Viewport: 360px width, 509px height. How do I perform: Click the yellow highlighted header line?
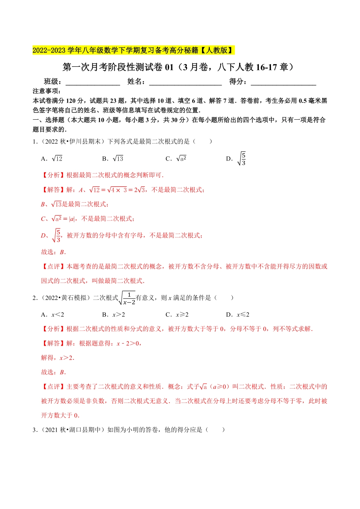pyautogui.click(x=133, y=50)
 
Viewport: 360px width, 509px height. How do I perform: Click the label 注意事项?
pyautogui.click(x=47, y=91)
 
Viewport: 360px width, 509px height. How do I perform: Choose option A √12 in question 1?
pyautogui.click(x=52, y=159)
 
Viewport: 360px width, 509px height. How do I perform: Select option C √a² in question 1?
pyautogui.click(x=176, y=159)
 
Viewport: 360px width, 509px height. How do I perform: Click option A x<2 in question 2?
pyautogui.click(x=53, y=315)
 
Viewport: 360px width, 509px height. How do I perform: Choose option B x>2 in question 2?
pyautogui.click(x=114, y=315)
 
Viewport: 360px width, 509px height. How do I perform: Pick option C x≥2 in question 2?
pyautogui.click(x=177, y=315)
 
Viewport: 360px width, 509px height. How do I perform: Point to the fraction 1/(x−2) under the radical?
pyautogui.click(x=129, y=298)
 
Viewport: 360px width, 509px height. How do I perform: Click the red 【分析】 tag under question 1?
pyautogui.click(x=53, y=175)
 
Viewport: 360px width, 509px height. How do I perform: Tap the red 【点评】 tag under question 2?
pyautogui.click(x=53, y=387)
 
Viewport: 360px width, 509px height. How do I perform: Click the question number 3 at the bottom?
pyautogui.click(x=35, y=430)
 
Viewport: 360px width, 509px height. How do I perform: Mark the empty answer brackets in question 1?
pyautogui.click(x=202, y=142)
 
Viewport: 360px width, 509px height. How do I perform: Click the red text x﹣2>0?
pyautogui.click(x=128, y=343)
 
